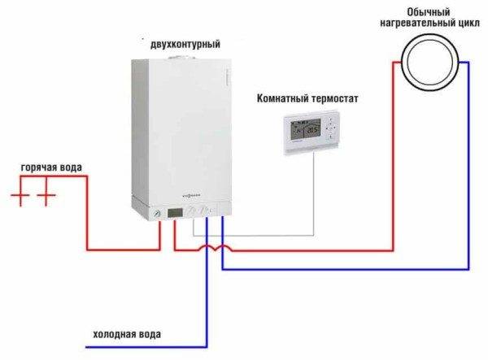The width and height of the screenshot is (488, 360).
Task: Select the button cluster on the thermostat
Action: [331, 130]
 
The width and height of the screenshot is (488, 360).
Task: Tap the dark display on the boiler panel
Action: [175, 214]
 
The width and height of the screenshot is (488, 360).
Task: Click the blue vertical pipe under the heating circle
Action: [468, 163]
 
